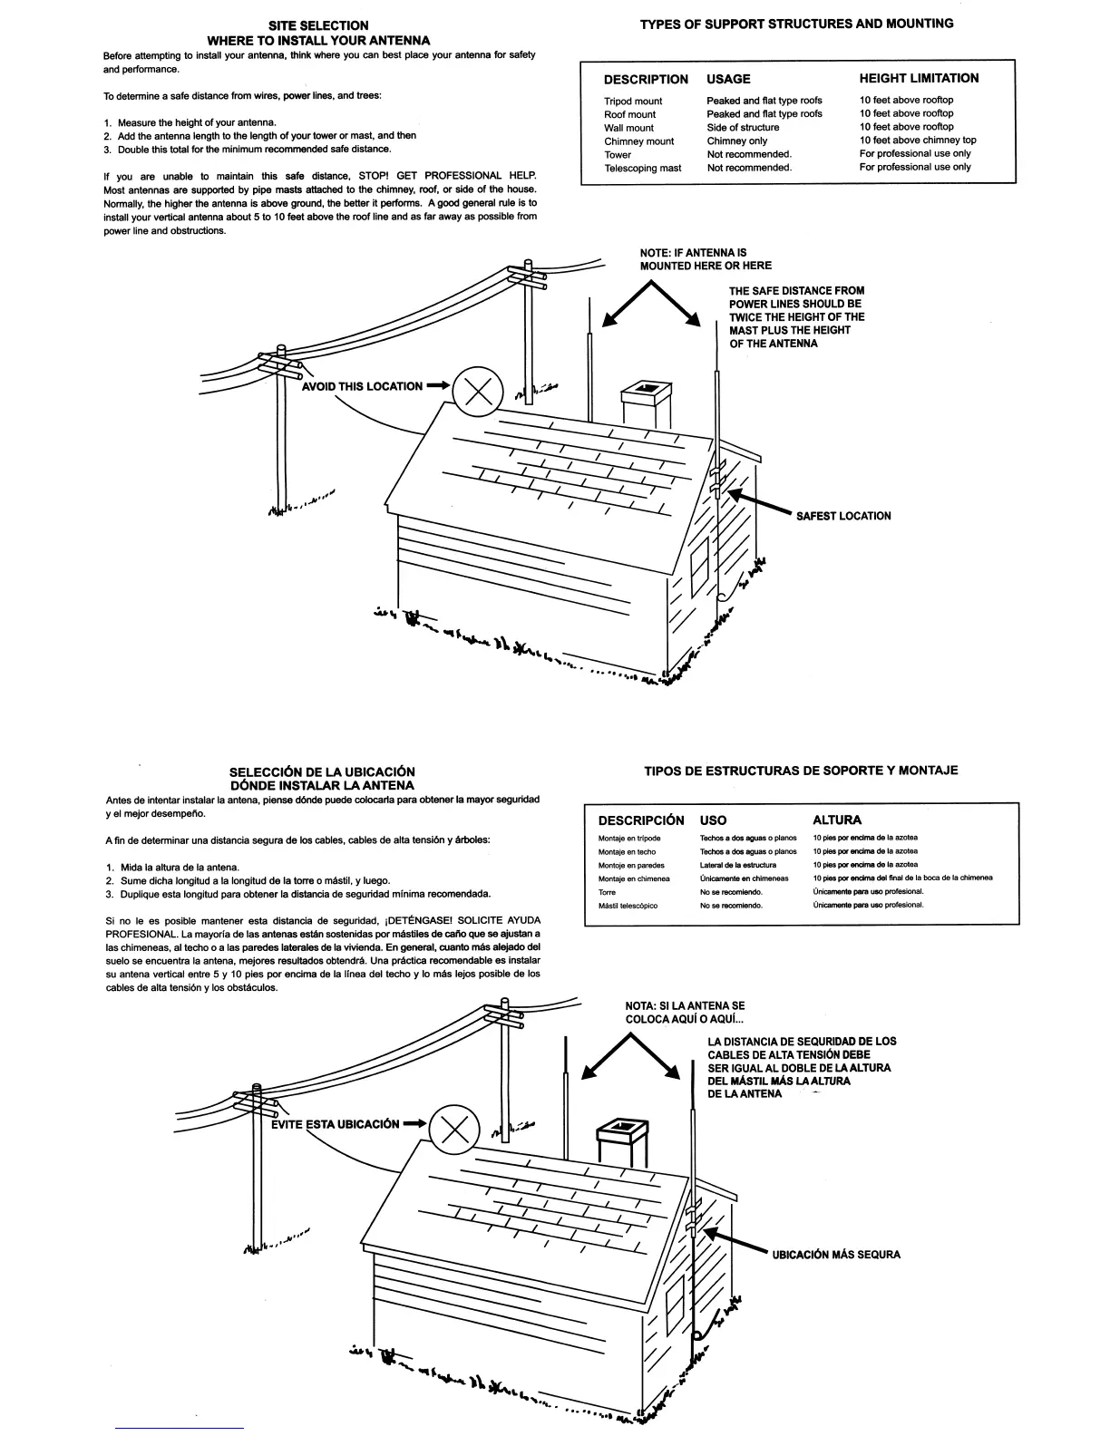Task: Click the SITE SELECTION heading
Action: pyautogui.click(x=318, y=25)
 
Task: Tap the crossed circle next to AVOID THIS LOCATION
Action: pyautogui.click(x=478, y=392)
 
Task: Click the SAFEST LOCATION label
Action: pyautogui.click(x=843, y=516)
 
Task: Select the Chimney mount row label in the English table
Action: pyautogui.click(x=638, y=141)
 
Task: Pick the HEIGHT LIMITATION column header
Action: pyautogui.click(x=919, y=79)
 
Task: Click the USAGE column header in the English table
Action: pyautogui.click(x=728, y=79)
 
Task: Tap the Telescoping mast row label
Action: pyautogui.click(x=642, y=168)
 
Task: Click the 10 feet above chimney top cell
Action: pyautogui.click(x=918, y=141)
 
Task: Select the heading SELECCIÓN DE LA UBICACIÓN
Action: pyautogui.click(x=322, y=771)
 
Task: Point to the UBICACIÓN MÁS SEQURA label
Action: pyautogui.click(x=836, y=1255)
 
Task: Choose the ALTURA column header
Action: pyautogui.click(x=836, y=820)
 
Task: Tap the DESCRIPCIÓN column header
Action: pyautogui.click(x=641, y=820)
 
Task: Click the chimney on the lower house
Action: pyautogui.click(x=622, y=1142)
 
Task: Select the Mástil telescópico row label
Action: pyautogui.click(x=628, y=906)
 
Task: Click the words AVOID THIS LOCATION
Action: pyautogui.click(x=362, y=386)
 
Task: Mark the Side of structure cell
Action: pyautogui.click(x=743, y=128)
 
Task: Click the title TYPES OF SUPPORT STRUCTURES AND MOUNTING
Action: pyautogui.click(x=796, y=24)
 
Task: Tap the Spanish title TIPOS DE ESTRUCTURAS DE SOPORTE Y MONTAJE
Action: pyautogui.click(x=801, y=771)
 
